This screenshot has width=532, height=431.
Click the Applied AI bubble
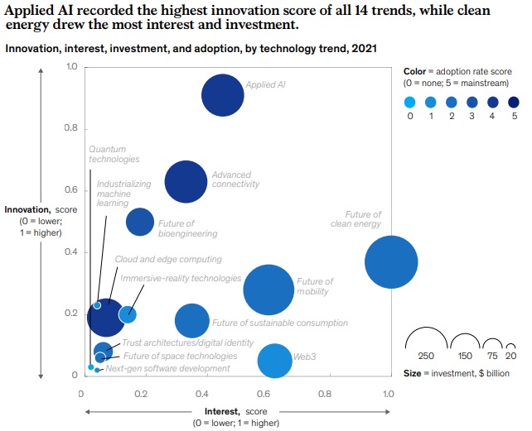pos(222,96)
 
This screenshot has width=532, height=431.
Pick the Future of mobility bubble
pos(268,289)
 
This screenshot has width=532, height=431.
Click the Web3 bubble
pos(274,360)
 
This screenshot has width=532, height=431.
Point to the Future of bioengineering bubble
pos(140,222)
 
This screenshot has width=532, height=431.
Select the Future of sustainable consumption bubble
pos(192,321)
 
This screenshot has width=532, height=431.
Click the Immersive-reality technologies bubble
pos(128,314)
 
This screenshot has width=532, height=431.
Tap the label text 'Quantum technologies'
pos(114,154)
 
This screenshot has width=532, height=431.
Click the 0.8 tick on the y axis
pos(70,128)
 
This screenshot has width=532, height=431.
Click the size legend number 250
pos(426,356)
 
